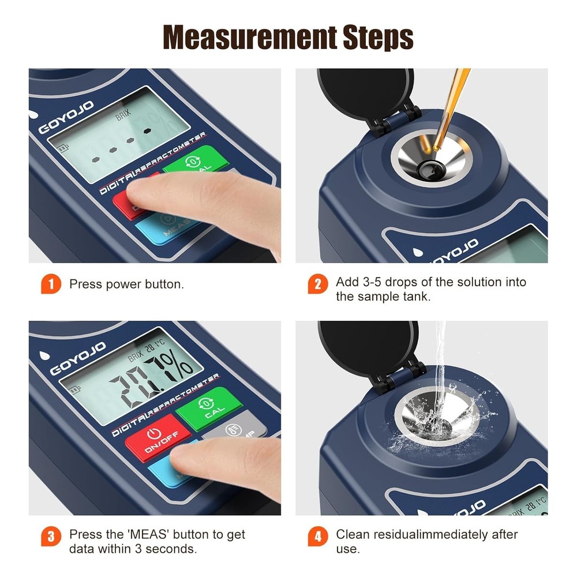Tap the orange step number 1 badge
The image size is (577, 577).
point(51,284)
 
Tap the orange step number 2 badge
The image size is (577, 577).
point(317,284)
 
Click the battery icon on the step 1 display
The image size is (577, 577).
point(61,149)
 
